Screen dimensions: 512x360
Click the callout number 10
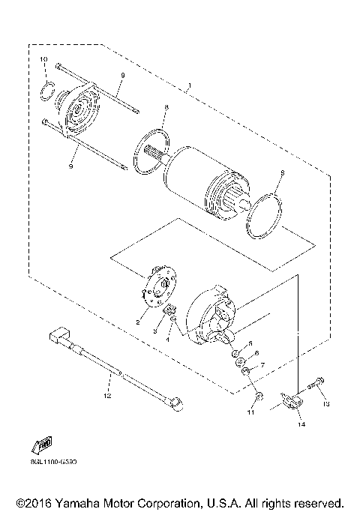coord(43,59)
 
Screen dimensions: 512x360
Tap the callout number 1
coord(190,88)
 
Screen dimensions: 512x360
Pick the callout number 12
coord(106,394)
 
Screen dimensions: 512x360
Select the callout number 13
coord(326,404)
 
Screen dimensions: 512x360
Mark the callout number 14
coord(301,425)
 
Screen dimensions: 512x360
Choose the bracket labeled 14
coord(293,403)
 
